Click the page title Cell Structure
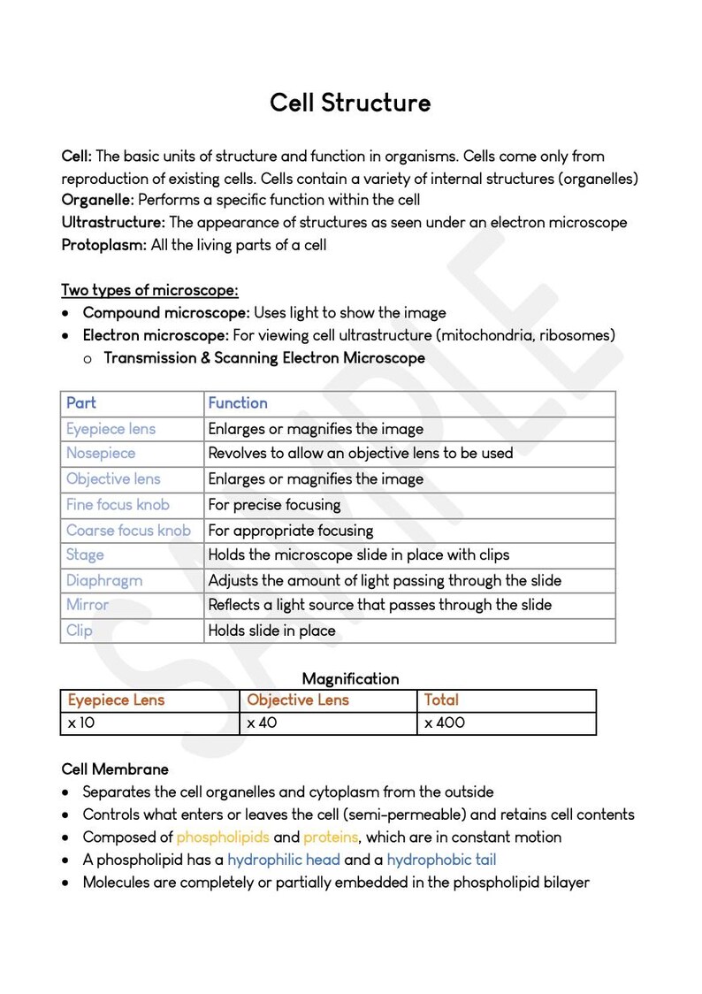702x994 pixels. pos(350,103)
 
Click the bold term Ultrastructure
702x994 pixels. pos(113,222)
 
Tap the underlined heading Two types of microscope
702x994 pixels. pos(149,290)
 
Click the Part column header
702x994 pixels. pos(81,403)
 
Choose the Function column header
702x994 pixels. pos(238,403)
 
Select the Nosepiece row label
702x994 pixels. pos(101,454)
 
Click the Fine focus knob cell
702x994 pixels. pos(118,505)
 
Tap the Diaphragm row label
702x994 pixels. pos(104,581)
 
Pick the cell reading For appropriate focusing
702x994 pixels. pos(291,531)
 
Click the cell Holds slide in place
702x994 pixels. pos(271,631)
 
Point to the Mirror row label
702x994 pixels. pos(88,606)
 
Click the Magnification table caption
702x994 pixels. pos(350,679)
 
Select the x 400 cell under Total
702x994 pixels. pos(445,723)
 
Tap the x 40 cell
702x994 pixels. pos(262,723)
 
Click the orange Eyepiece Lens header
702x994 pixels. pos(116,700)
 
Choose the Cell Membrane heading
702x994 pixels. pos(115,769)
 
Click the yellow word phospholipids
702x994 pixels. pos(223,837)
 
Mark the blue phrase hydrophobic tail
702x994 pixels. pos(441,860)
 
